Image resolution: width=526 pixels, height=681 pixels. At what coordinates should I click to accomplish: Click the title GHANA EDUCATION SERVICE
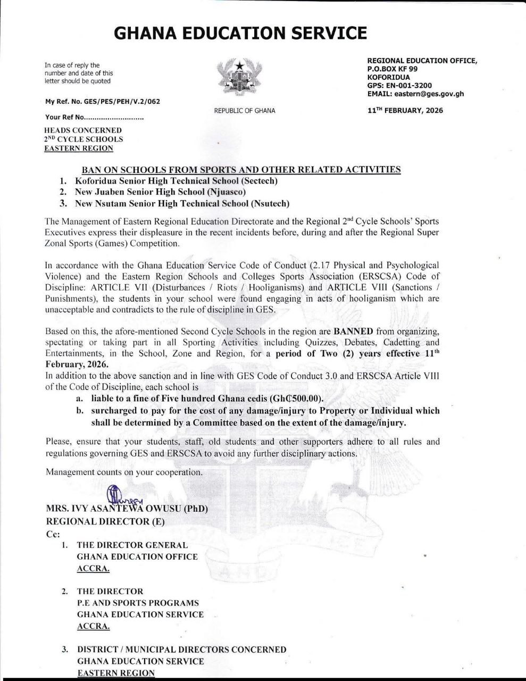[x=240, y=34]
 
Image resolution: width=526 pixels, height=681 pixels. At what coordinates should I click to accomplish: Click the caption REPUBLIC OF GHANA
[x=245, y=111]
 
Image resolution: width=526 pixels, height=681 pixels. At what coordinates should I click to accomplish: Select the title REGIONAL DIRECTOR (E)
[x=105, y=521]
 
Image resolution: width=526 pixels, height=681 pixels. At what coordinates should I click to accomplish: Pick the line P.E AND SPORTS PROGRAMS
[x=138, y=603]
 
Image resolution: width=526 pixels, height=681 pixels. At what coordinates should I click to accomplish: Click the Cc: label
[x=53, y=534]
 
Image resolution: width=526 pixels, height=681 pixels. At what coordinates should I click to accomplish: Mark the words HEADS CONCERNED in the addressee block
[x=83, y=130]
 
